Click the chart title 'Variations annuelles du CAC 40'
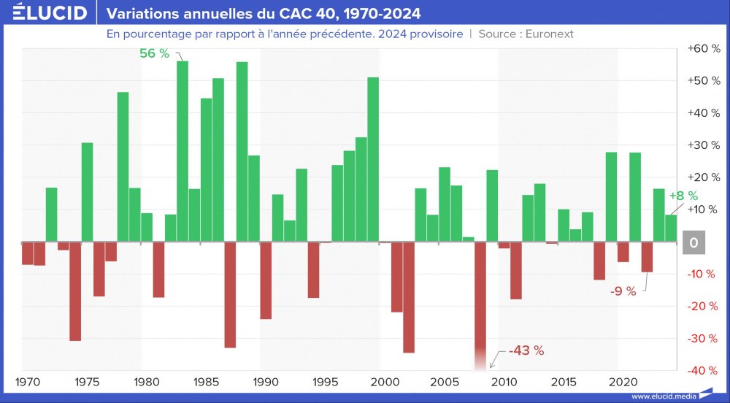(264, 14)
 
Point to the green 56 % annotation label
(154, 53)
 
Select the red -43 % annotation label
(526, 350)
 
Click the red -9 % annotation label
(623, 291)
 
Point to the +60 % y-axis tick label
(704, 49)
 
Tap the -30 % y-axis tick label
(704, 339)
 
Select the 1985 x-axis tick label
(206, 382)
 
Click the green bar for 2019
(612, 196)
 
